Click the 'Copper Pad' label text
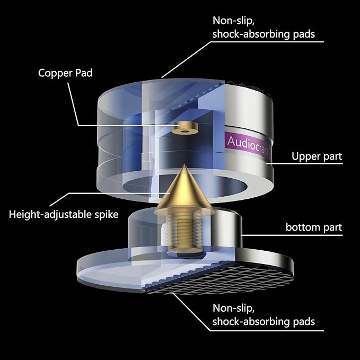pyautogui.click(x=65, y=74)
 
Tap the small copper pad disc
pyautogui.click(x=185, y=128)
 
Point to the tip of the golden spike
pyautogui.click(x=183, y=164)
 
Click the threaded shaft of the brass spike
pyautogui.click(x=183, y=232)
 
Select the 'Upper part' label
pyautogui.click(x=317, y=156)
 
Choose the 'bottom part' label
pyautogui.click(x=314, y=227)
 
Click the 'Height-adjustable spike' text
pyautogui.click(x=64, y=214)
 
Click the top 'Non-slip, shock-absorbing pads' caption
pyautogui.click(x=264, y=28)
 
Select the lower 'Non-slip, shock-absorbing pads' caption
pyautogui.click(x=264, y=315)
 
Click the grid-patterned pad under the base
pyautogui.click(x=221, y=279)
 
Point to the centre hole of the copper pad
pyautogui.click(x=185, y=132)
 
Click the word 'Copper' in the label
pyautogui.click(x=53, y=74)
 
